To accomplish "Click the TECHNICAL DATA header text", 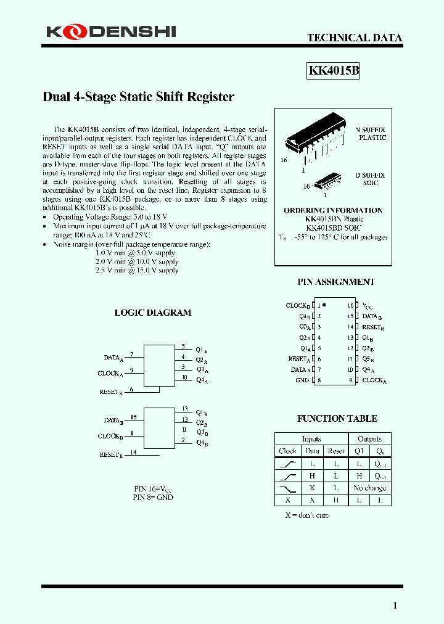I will [x=355, y=38].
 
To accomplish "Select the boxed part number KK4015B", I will [x=333, y=71].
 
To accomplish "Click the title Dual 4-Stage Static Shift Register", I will [x=138, y=97].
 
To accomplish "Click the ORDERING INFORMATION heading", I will [x=333, y=210].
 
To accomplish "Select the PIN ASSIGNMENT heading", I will [x=336, y=282].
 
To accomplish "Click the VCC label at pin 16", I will [x=368, y=305].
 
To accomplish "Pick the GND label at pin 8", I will [x=302, y=380].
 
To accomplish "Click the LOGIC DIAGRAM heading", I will [x=153, y=313].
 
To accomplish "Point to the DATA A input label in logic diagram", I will [x=113, y=358].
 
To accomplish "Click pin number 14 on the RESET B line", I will [x=133, y=452].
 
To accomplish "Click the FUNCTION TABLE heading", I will [x=337, y=419].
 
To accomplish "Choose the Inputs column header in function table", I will [x=311, y=439].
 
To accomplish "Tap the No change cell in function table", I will [x=369, y=488].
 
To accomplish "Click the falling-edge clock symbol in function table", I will [x=288, y=488].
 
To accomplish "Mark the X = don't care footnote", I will [x=306, y=515].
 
